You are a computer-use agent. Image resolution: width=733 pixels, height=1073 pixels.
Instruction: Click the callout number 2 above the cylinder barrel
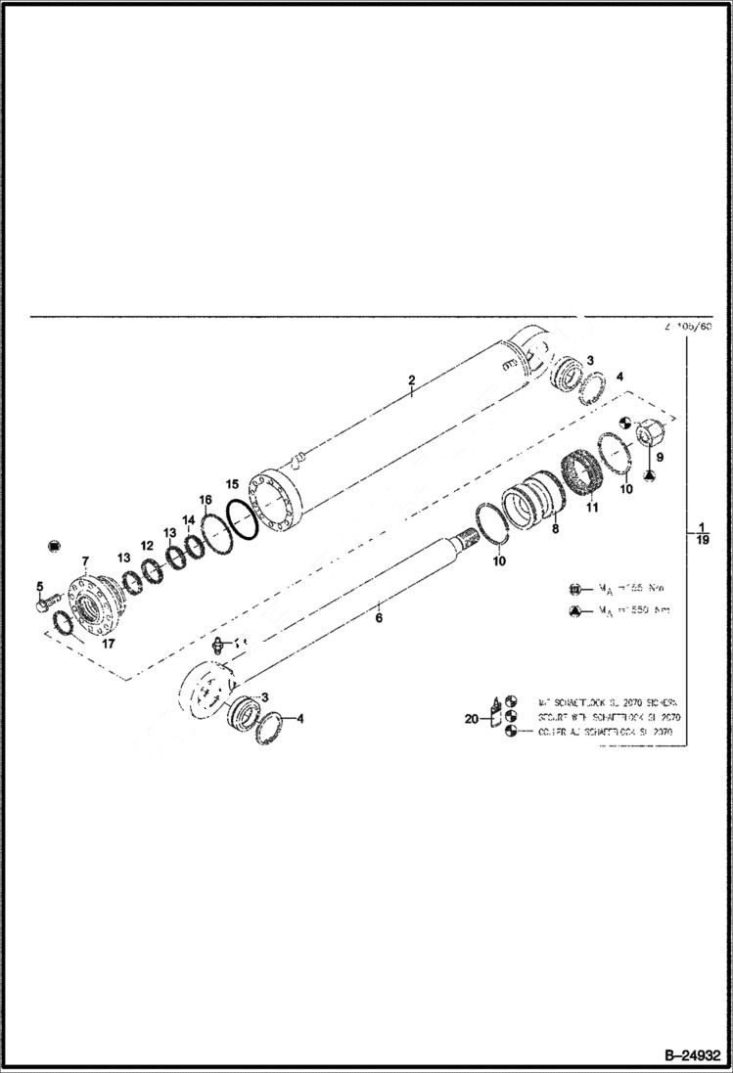[x=412, y=380]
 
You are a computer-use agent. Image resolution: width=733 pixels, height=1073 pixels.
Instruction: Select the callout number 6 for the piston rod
[x=379, y=617]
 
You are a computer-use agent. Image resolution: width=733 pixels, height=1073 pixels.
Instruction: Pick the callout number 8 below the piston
[x=556, y=529]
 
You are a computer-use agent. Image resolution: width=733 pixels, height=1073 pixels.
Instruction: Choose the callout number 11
[x=591, y=507]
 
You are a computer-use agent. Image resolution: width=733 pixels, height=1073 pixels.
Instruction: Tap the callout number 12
[x=146, y=545]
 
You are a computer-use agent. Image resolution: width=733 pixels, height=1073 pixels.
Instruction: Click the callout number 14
[x=188, y=520]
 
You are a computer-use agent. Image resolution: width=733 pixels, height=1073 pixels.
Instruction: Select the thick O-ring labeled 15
[x=242, y=519]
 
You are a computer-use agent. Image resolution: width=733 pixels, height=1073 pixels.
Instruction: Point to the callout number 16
[x=206, y=500]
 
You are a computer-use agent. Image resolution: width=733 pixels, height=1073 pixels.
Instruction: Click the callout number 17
[x=80, y=645]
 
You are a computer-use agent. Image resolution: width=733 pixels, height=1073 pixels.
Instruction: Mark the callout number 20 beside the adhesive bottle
[x=472, y=718]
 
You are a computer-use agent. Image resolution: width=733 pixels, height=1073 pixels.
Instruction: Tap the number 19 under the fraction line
[x=703, y=540]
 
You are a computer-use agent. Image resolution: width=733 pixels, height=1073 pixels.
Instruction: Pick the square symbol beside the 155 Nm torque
[x=576, y=589]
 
